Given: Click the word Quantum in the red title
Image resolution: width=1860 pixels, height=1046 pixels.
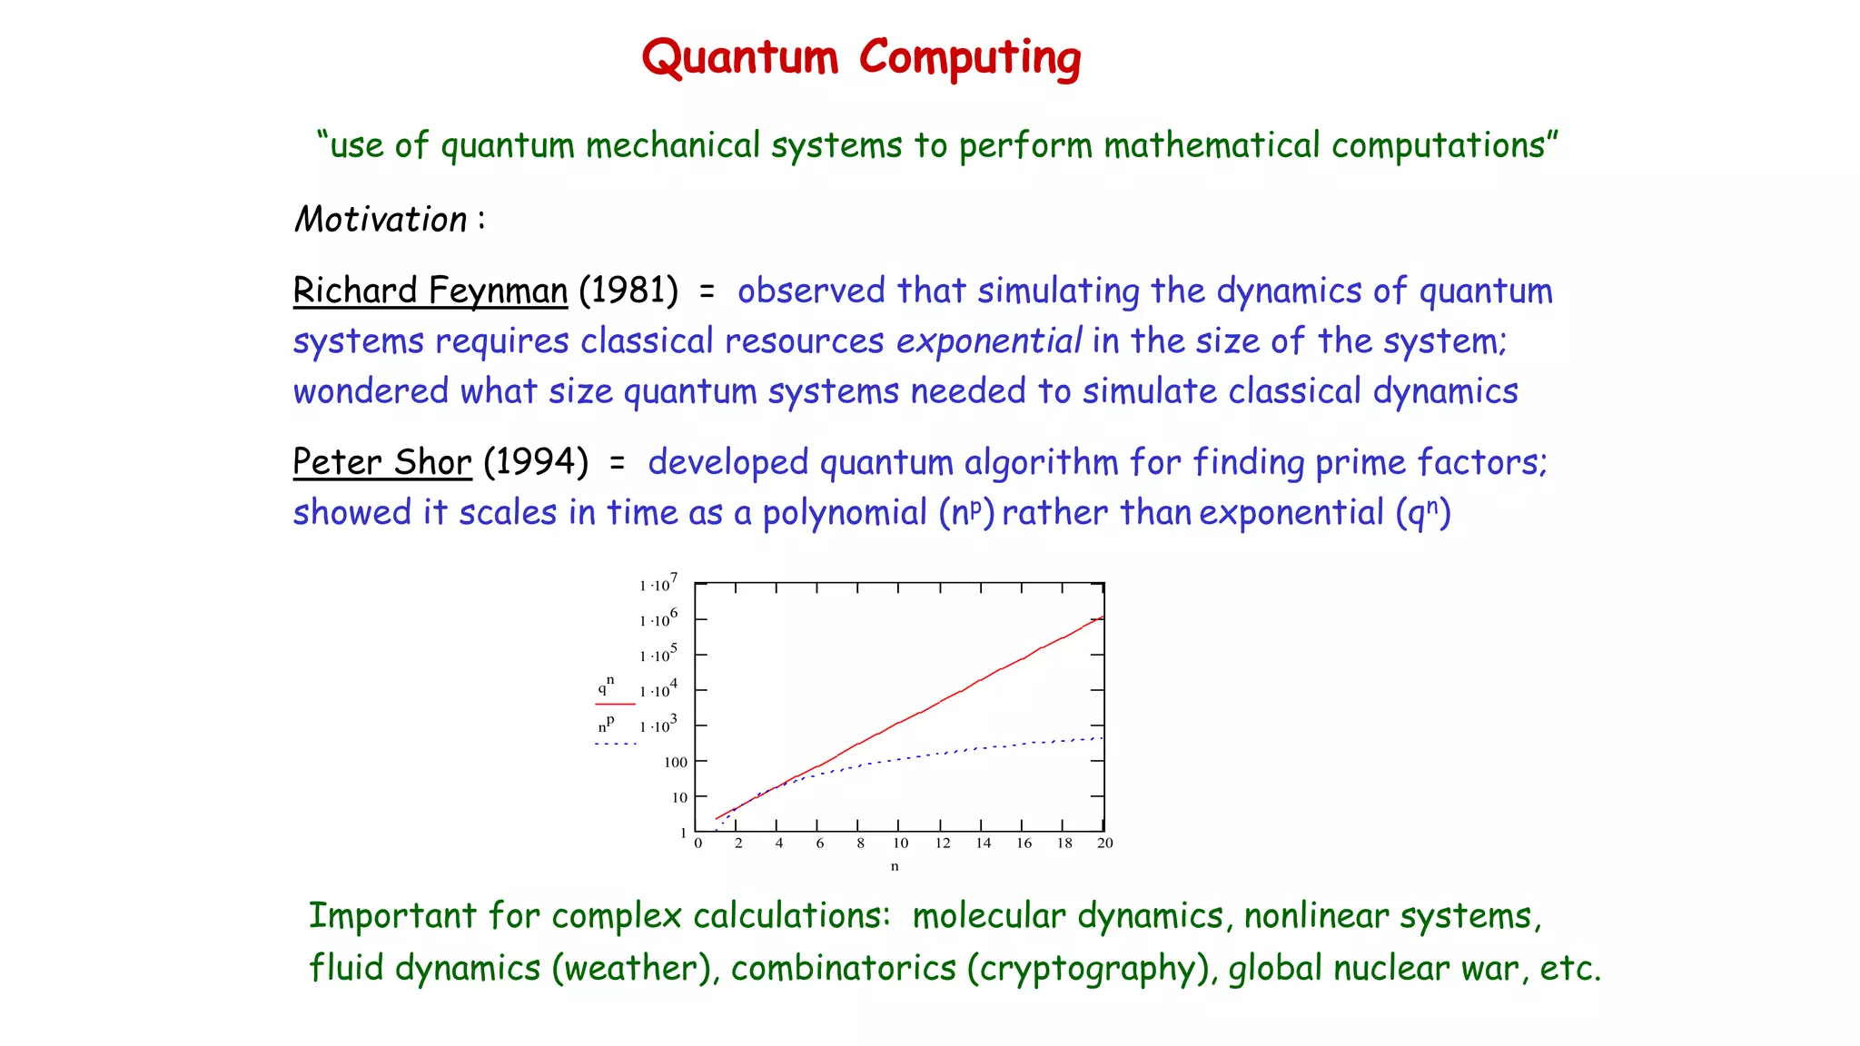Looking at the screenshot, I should pyautogui.click(x=739, y=58).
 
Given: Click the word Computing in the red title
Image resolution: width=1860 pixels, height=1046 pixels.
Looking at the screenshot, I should pyautogui.click(x=970, y=58).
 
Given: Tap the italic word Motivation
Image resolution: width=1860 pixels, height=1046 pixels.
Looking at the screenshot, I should pyautogui.click(x=381, y=220).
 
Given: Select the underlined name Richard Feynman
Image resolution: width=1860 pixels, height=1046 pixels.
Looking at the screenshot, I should pyautogui.click(x=430, y=291).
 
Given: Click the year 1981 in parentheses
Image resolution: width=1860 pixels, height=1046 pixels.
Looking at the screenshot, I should pyautogui.click(x=628, y=291).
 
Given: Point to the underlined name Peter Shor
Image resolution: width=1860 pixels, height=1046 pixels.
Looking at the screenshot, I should pyautogui.click(x=382, y=462).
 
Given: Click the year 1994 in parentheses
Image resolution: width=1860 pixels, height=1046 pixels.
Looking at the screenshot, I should pyautogui.click(x=536, y=462).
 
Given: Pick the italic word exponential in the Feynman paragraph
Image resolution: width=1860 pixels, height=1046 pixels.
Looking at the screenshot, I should pyautogui.click(x=988, y=341).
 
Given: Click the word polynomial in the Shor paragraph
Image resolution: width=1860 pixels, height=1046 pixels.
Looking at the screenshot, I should pyautogui.click(x=844, y=513).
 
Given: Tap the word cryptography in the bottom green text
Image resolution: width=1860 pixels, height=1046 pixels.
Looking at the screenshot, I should pyautogui.click(x=1093, y=968).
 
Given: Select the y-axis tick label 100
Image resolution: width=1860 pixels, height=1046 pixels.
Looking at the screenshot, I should pyautogui.click(x=676, y=763).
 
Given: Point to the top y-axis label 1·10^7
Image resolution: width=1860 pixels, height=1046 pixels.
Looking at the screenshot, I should pyautogui.click(x=658, y=585).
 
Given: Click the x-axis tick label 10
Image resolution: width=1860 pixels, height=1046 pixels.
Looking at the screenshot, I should pyautogui.click(x=900, y=844).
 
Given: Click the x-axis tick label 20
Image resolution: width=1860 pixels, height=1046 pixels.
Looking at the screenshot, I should pyautogui.click(x=1104, y=844).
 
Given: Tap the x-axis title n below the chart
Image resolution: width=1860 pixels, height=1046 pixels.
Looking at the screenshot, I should pyautogui.click(x=895, y=866).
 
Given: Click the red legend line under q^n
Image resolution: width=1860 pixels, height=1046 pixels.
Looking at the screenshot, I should pyautogui.click(x=615, y=704).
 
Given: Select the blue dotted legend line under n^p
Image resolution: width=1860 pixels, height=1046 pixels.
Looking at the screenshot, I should pyautogui.click(x=615, y=744).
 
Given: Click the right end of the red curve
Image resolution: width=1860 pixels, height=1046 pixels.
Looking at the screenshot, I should pyautogui.click(x=1102, y=617).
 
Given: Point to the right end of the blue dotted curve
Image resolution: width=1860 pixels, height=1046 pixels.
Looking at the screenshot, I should pyautogui.click(x=1101, y=738).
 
